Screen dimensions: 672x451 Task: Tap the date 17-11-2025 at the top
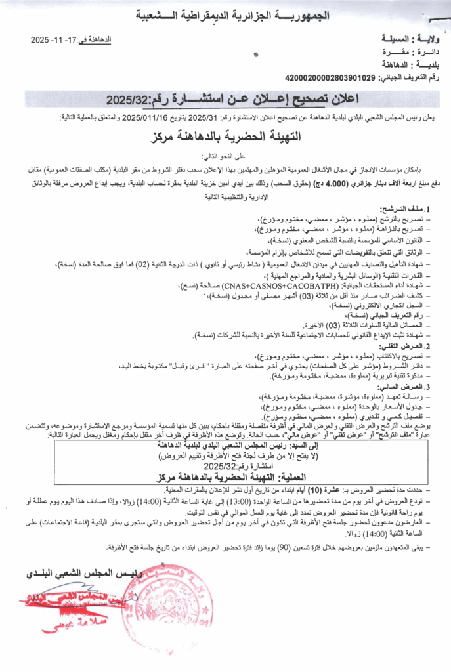pos(54,41)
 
